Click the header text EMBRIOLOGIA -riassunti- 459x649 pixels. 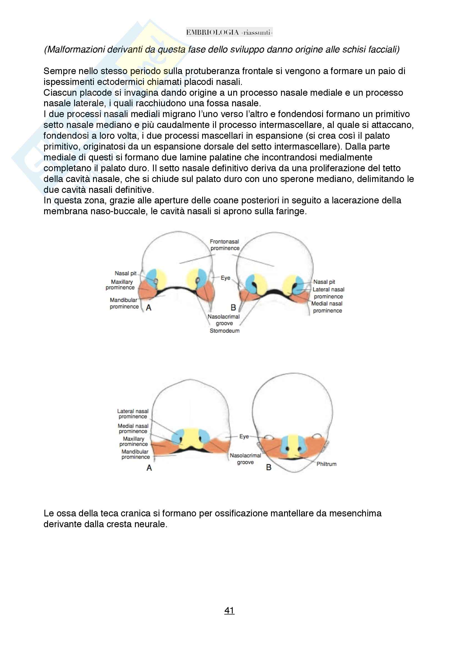[x=229, y=32]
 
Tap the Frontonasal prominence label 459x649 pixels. [x=225, y=245]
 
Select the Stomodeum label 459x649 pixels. [x=225, y=331]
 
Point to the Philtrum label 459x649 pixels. [x=326, y=464]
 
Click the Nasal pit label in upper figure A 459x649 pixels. [x=125, y=273]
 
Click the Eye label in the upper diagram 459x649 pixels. [x=225, y=278]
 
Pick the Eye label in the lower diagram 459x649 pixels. [x=244, y=436]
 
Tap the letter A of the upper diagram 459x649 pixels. [x=149, y=307]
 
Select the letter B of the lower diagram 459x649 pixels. [x=269, y=467]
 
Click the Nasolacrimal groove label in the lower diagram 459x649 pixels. [x=245, y=459]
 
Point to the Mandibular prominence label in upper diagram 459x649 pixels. [x=124, y=303]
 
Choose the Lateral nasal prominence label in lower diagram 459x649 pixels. [x=133, y=414]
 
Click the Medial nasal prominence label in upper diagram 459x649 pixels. [x=327, y=307]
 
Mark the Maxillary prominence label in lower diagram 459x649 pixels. [x=134, y=441]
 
